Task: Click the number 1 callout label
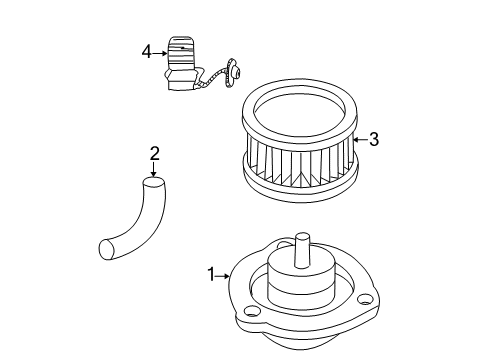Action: click(x=210, y=271)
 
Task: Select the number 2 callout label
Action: click(x=154, y=153)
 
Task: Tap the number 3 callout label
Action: click(x=373, y=140)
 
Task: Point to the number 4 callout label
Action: click(x=146, y=50)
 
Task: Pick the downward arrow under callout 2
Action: click(x=154, y=170)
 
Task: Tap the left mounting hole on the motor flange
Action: click(x=251, y=312)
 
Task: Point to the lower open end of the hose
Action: click(x=107, y=248)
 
